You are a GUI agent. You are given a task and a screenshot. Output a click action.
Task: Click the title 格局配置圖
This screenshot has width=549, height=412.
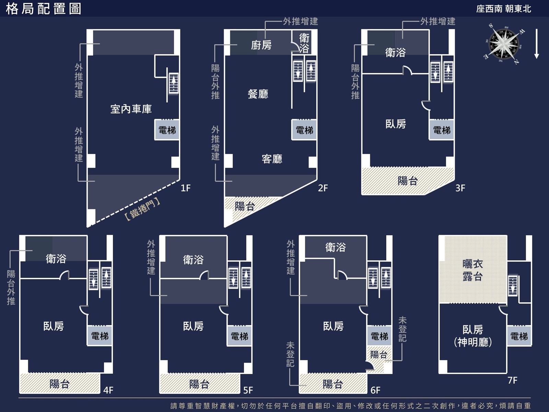pyautogui.click(x=43, y=9)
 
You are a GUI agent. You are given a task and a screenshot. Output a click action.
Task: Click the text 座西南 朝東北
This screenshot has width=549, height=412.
pyautogui.click(x=503, y=9)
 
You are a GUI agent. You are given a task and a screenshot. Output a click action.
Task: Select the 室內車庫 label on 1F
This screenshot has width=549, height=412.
pyautogui.click(x=131, y=109)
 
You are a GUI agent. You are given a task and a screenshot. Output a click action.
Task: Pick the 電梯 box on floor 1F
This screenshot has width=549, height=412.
pyautogui.click(x=167, y=130)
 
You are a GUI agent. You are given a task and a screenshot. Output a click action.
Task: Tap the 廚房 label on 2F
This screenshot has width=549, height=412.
pyautogui.click(x=261, y=45)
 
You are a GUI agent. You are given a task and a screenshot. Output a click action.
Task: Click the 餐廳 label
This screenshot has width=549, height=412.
pyautogui.click(x=258, y=94)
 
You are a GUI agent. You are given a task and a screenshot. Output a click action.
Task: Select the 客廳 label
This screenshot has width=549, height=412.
pyautogui.click(x=272, y=159)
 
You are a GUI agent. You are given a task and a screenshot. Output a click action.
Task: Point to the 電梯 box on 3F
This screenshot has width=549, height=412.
pyautogui.click(x=442, y=130)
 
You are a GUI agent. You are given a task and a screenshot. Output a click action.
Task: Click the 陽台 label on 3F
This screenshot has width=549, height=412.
pyautogui.click(x=408, y=181)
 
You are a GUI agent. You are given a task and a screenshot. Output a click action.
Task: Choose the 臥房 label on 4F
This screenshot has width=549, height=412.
pyautogui.click(x=54, y=326)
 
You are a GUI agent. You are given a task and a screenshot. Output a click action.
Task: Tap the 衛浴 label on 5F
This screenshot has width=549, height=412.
pyautogui.click(x=193, y=260)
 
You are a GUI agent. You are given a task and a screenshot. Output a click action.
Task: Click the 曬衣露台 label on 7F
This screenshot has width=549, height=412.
pyautogui.click(x=472, y=270)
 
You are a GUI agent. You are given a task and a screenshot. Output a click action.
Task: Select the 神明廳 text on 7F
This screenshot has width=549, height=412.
pyautogui.click(x=473, y=342)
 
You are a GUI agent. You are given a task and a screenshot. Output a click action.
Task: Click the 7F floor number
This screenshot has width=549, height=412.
pyautogui.click(x=513, y=380)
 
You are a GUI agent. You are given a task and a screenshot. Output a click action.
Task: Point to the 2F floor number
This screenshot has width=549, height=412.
pyautogui.click(x=323, y=188)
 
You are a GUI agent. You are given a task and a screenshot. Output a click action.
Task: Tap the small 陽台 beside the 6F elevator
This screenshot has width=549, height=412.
pyautogui.click(x=379, y=354)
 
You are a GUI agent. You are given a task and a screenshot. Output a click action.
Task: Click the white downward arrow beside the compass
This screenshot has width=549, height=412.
pyautogui.click(x=536, y=44)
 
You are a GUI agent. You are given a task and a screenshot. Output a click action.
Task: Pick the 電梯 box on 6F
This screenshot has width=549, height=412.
pyautogui.click(x=379, y=336)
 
